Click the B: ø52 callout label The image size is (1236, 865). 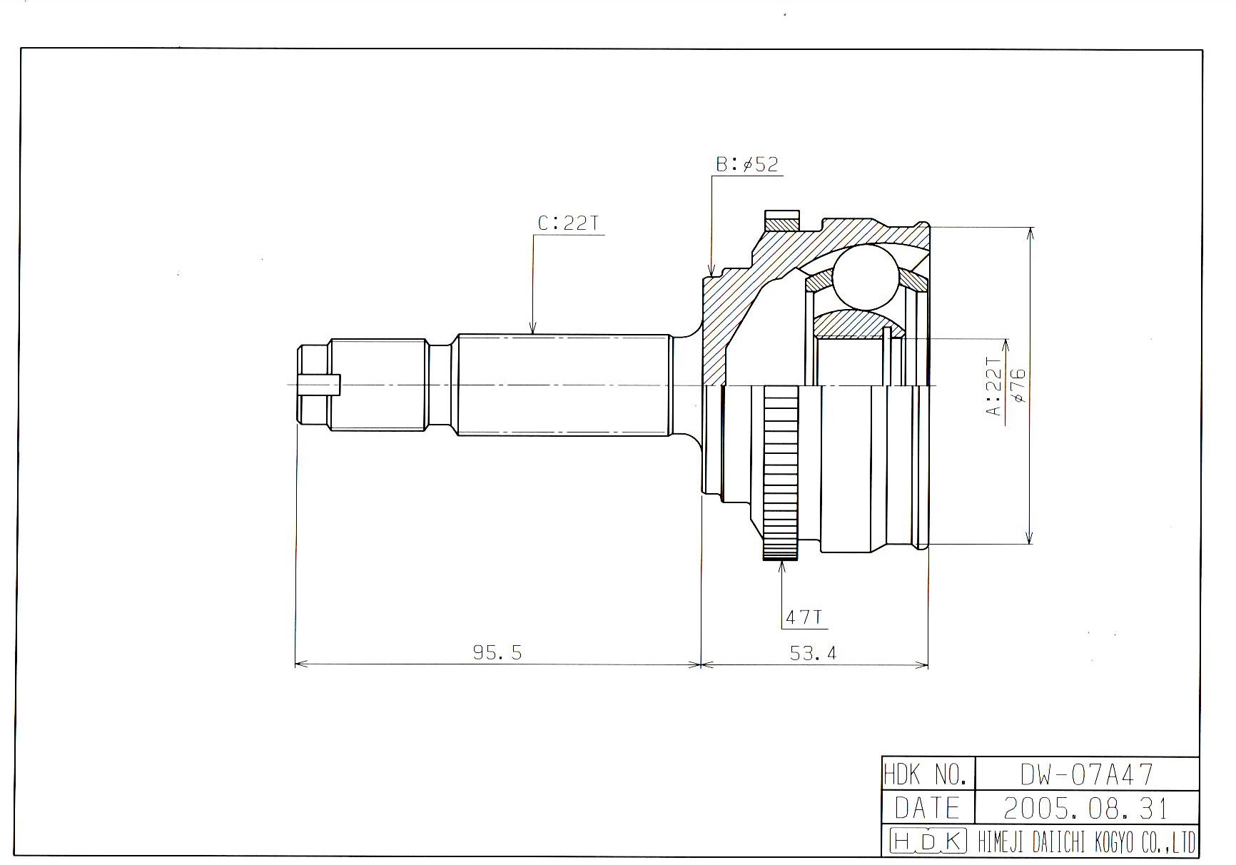click(747, 164)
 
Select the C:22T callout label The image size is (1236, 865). click(568, 223)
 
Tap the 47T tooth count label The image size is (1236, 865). click(804, 617)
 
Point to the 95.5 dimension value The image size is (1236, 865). click(497, 652)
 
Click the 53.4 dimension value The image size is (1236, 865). click(813, 652)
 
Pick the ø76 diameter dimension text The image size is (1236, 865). click(1018, 386)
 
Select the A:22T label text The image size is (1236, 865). click(994, 386)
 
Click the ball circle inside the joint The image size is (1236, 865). click(865, 277)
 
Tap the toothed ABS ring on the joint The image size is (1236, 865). click(781, 472)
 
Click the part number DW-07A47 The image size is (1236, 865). click(1086, 774)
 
